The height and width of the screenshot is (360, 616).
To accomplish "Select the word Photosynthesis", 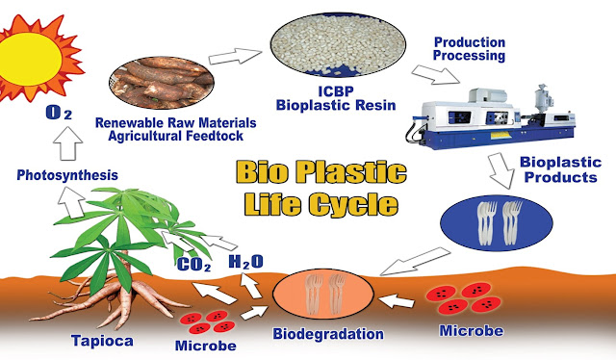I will coord(66,176).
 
